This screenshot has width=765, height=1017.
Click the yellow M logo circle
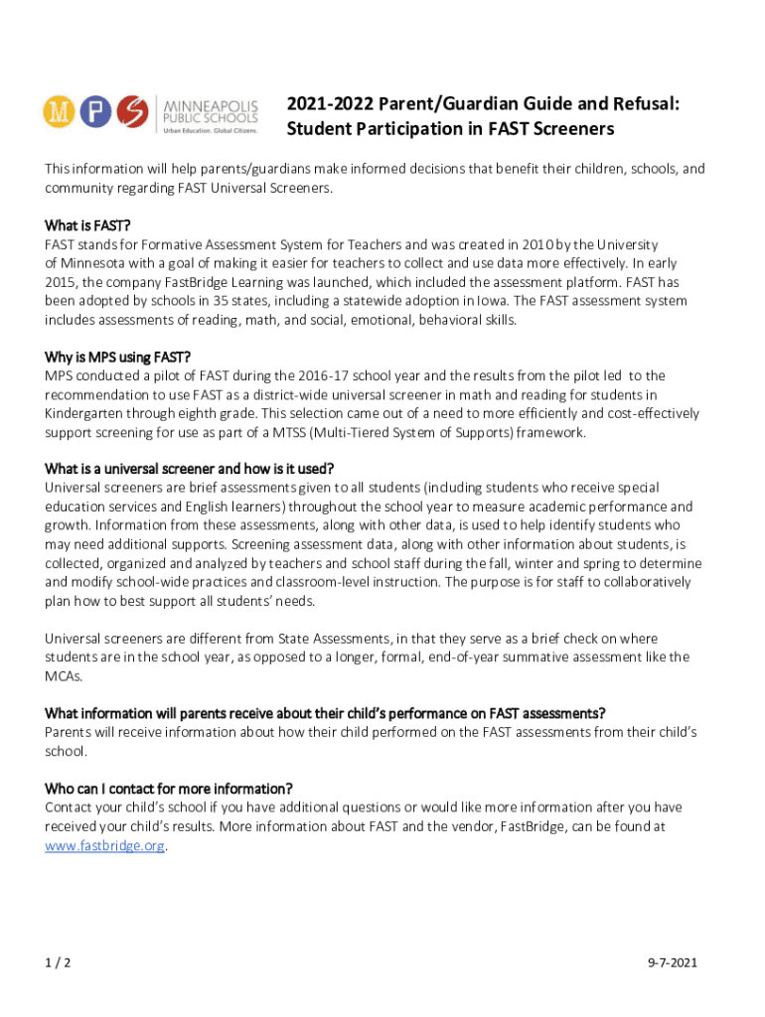[60, 111]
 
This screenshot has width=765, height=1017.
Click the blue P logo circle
[95, 111]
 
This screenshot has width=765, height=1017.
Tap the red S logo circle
[132, 111]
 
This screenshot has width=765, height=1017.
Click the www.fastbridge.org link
[104, 845]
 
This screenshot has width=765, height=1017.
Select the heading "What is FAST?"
[87, 224]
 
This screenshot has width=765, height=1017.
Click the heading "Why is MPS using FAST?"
[117, 357]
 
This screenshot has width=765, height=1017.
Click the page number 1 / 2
[58, 962]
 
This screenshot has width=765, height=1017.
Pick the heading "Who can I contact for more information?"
[168, 789]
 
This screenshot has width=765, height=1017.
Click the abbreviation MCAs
[64, 675]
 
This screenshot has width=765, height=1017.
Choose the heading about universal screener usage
[189, 469]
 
